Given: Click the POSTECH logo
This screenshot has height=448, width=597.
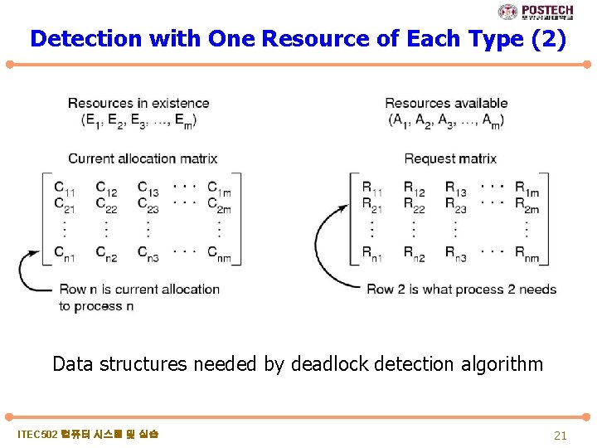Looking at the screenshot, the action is point(535,12).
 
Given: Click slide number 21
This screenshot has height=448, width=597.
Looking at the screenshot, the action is point(561,435).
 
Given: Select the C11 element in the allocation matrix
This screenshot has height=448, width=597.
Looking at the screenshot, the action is point(63,187).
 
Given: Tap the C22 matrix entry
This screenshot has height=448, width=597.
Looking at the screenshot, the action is point(105,204).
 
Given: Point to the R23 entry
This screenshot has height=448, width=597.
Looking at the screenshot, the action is point(455,204).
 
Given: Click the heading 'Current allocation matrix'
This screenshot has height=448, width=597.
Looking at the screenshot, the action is point(143,158).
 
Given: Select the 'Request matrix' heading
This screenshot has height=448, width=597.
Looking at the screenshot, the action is point(450,158).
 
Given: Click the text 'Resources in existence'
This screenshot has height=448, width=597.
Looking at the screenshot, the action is point(138,103).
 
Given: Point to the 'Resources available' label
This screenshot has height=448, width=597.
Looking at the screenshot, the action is point(446,103).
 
